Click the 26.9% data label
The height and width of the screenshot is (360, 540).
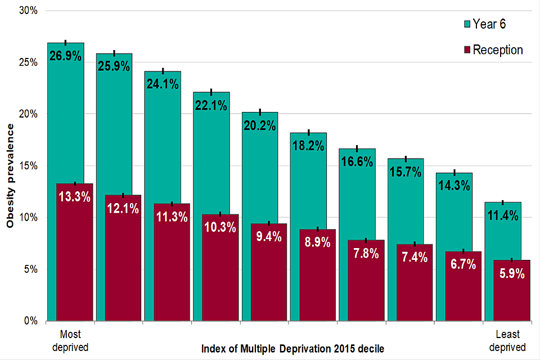coord(65,56)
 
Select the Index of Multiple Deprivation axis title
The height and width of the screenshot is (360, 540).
coord(292,349)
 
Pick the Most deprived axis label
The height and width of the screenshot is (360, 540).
coord(70,340)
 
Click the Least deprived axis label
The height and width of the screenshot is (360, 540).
coord(507,340)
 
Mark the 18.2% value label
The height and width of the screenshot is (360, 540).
coord(308,146)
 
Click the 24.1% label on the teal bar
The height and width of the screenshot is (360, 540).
coord(163,84)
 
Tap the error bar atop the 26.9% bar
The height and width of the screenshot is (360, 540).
coord(66,42)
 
